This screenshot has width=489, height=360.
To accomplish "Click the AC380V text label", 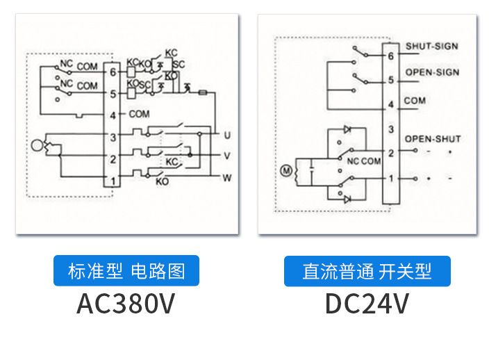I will point(125,304).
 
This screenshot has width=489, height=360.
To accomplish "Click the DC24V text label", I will point(367,304).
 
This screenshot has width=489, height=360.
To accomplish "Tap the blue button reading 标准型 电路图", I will point(126,271).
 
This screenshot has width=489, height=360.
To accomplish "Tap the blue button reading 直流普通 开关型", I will point(367,271).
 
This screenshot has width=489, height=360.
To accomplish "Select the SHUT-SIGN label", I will point(431,47).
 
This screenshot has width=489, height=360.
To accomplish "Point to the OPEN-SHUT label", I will point(433,139).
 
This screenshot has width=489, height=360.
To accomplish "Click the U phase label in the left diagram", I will point(226,133).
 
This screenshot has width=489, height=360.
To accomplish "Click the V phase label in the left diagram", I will point(226,156).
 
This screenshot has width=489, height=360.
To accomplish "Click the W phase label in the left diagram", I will point(226,178).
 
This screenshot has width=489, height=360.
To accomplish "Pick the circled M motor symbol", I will point(283,170).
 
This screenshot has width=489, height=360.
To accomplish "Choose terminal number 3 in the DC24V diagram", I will point(391,130).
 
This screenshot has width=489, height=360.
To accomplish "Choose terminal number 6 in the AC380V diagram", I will point(112,71).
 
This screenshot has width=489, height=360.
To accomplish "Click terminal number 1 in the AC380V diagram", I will point(112,181).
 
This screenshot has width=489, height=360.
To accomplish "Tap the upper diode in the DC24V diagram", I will point(347,130).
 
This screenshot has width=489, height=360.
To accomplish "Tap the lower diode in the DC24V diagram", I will point(347,199).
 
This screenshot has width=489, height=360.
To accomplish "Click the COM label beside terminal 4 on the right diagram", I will point(415,101).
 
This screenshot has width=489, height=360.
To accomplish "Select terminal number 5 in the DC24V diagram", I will point(391,81).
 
